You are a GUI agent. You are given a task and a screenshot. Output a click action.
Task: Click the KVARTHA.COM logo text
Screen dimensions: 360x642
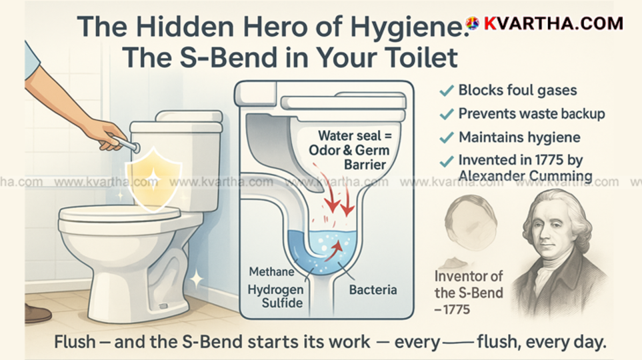(x=553, y=23)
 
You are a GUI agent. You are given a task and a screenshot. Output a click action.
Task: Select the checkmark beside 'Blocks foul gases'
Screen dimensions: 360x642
(x=447, y=91)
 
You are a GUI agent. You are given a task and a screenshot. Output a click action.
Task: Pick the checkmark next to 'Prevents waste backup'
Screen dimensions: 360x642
(x=447, y=115)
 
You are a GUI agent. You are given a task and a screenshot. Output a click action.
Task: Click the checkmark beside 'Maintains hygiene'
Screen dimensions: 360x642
(x=447, y=138)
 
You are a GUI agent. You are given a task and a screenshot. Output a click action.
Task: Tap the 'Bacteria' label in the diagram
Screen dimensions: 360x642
(x=373, y=290)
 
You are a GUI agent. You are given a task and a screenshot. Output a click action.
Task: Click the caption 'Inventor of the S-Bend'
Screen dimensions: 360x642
(x=469, y=285)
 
